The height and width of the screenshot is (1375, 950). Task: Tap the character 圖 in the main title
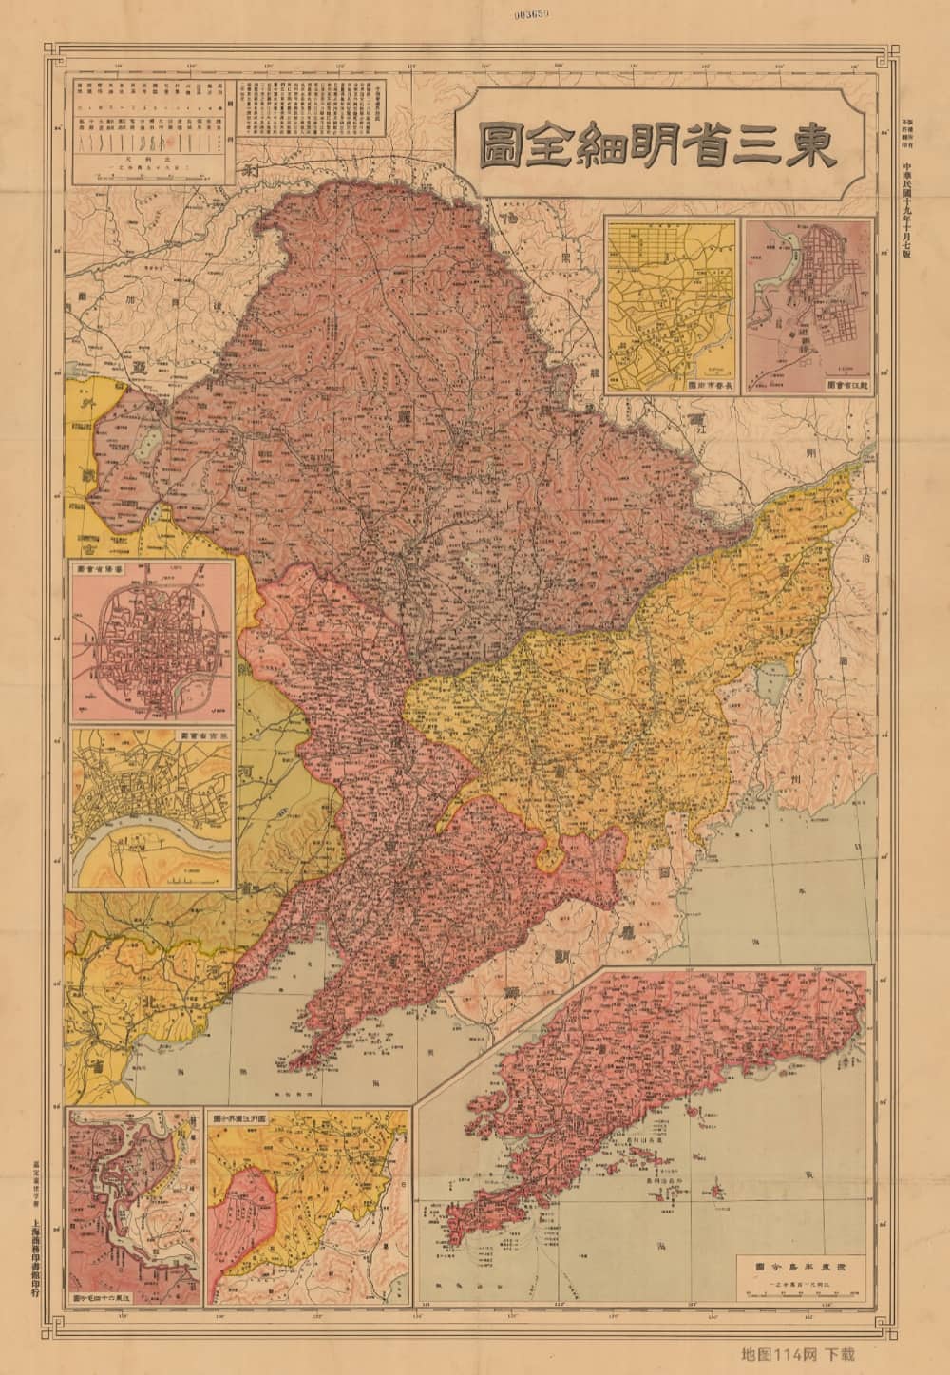(x=502, y=145)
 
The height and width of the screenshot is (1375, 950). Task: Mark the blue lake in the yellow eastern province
(x=768, y=684)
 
